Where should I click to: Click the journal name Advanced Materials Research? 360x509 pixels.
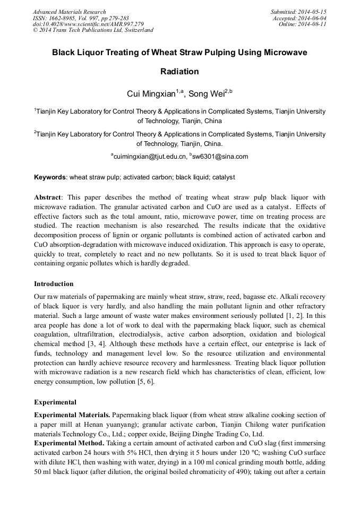click(69, 12)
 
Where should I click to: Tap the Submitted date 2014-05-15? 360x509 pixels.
click(299, 12)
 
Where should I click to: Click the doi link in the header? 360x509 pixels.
click(88, 24)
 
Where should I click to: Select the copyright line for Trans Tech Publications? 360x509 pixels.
click(93, 30)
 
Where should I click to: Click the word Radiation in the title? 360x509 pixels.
click(179, 71)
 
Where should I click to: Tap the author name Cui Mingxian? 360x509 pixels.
click(151, 94)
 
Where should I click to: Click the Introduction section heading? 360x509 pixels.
click(54, 284)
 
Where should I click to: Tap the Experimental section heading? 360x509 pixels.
click(55, 402)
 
